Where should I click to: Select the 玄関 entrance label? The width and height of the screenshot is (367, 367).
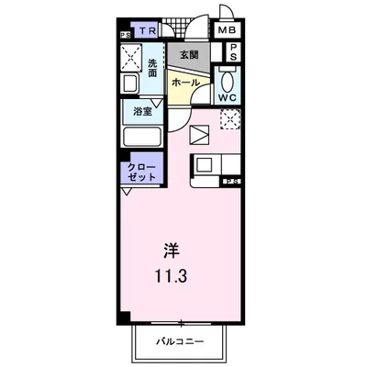point(187,55)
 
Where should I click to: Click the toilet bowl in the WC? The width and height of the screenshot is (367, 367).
point(228,79)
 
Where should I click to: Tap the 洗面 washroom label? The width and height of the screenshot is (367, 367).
point(153,68)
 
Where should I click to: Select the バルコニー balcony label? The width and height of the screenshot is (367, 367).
point(184,342)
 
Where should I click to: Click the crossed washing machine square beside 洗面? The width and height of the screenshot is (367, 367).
point(132,56)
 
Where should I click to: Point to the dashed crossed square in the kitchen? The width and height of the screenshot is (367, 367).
point(230,118)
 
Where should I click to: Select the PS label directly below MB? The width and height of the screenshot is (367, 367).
point(233,51)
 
